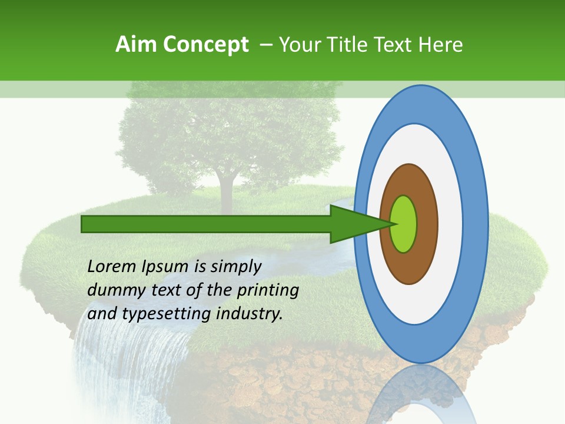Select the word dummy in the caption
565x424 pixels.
111,290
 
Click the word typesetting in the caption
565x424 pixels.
167,314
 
